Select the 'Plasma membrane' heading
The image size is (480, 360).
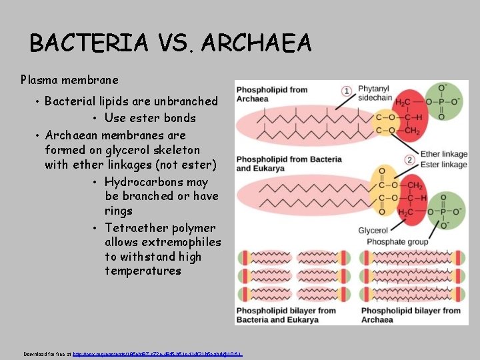[x=69, y=80]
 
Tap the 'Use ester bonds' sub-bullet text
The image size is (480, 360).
[x=150, y=118]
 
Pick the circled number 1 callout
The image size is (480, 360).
[x=347, y=91]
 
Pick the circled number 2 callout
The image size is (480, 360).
[x=409, y=160]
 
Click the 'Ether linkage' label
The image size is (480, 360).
[x=443, y=154]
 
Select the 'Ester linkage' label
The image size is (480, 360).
[x=443, y=165]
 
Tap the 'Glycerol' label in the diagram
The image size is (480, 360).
[x=373, y=231]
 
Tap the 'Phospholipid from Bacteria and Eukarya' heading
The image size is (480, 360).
[x=280, y=164]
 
